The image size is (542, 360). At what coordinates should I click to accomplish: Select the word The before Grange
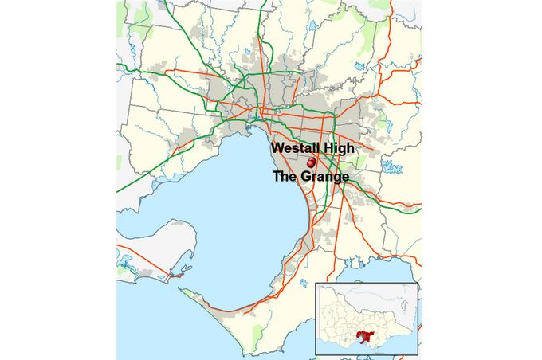click(x=286, y=177)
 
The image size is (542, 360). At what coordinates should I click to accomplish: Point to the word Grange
click(x=325, y=177)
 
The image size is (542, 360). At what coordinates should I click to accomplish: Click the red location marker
click(x=312, y=162)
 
